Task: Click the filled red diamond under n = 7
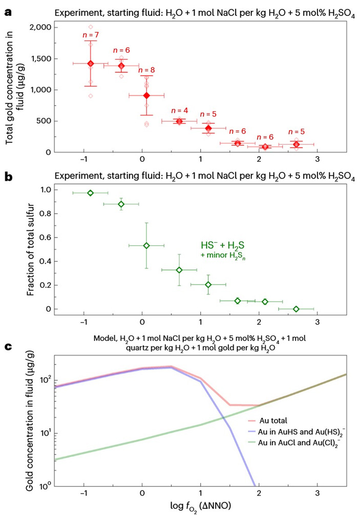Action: pos(90,63)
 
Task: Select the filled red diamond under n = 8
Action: pos(146,95)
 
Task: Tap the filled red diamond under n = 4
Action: pos(179,121)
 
